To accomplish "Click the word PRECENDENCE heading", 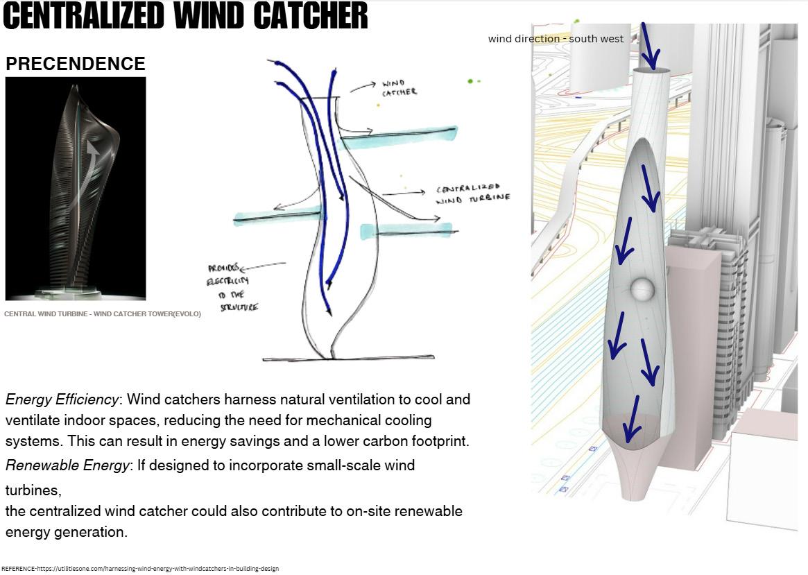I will pyautogui.click(x=75, y=64).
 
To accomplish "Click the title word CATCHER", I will pyautogui.click(x=309, y=15).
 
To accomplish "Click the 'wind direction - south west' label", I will pyautogui.click(x=556, y=39).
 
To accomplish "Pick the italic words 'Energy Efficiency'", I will pyautogui.click(x=62, y=400).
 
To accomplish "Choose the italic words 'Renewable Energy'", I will pyautogui.click(x=67, y=465).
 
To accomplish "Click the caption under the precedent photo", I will pyautogui.click(x=103, y=314).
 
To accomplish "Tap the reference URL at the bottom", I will pyautogui.click(x=140, y=569).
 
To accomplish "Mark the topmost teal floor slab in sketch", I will pyautogui.click(x=400, y=136).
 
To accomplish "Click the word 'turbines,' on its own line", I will pyautogui.click(x=33, y=490).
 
